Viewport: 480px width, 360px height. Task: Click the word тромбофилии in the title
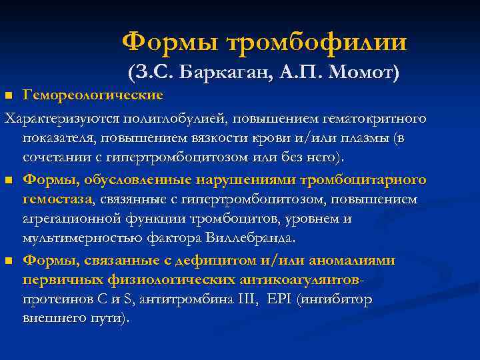[x=317, y=42]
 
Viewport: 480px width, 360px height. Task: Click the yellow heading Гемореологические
[x=93, y=95]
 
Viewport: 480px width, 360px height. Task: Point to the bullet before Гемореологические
[x=9, y=97]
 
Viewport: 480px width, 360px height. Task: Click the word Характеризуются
[x=61, y=118]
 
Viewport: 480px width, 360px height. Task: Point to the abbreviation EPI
[x=279, y=299]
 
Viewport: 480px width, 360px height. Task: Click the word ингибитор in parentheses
[x=337, y=299]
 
